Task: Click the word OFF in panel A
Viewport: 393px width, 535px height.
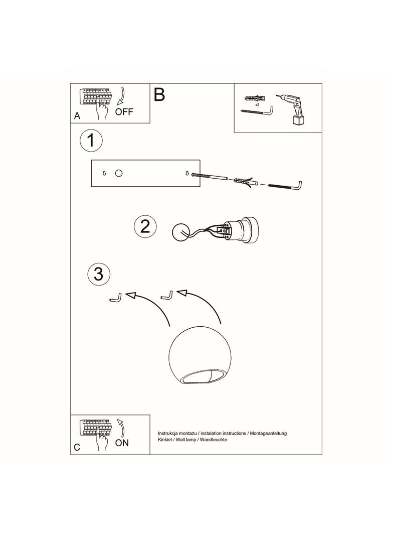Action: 124,112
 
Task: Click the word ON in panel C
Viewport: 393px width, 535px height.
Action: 122,443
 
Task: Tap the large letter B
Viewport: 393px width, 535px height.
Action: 159,95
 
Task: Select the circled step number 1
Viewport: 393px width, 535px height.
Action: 91,141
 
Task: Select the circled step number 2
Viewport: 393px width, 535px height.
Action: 145,226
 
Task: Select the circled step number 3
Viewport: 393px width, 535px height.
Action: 99,274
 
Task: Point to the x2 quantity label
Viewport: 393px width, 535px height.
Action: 257,105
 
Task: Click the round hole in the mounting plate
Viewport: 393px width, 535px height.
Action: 119,173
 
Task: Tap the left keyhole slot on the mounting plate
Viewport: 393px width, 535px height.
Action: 104,173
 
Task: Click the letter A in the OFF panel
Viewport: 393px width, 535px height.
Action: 77,115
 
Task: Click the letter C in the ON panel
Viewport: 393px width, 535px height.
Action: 77,448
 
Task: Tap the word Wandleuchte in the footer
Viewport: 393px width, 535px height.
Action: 214,439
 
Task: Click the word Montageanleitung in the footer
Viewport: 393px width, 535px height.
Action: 269,433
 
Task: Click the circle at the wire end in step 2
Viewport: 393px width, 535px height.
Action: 179,232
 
